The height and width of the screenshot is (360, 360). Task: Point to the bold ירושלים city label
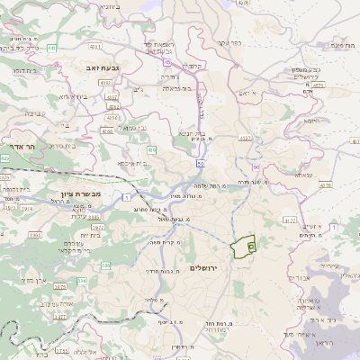point(206,269)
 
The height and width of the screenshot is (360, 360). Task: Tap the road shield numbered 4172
point(289,220)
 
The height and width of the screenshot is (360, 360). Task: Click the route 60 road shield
point(256,167)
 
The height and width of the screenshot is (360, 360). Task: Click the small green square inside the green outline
point(251,245)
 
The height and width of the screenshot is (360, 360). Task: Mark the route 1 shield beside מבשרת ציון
point(127,195)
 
